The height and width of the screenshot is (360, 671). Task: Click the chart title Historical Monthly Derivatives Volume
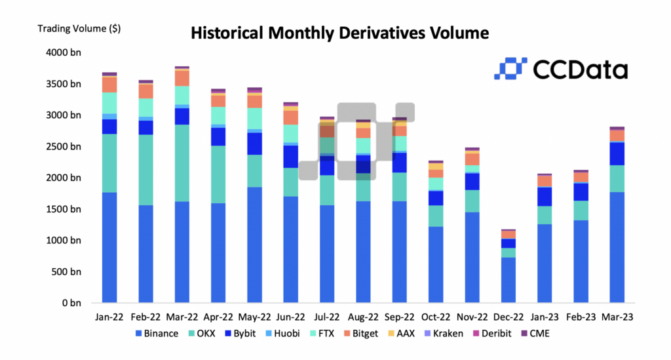click(339, 32)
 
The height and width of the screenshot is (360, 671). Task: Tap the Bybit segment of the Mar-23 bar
click(616, 153)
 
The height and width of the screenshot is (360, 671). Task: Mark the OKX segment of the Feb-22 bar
click(145, 170)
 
